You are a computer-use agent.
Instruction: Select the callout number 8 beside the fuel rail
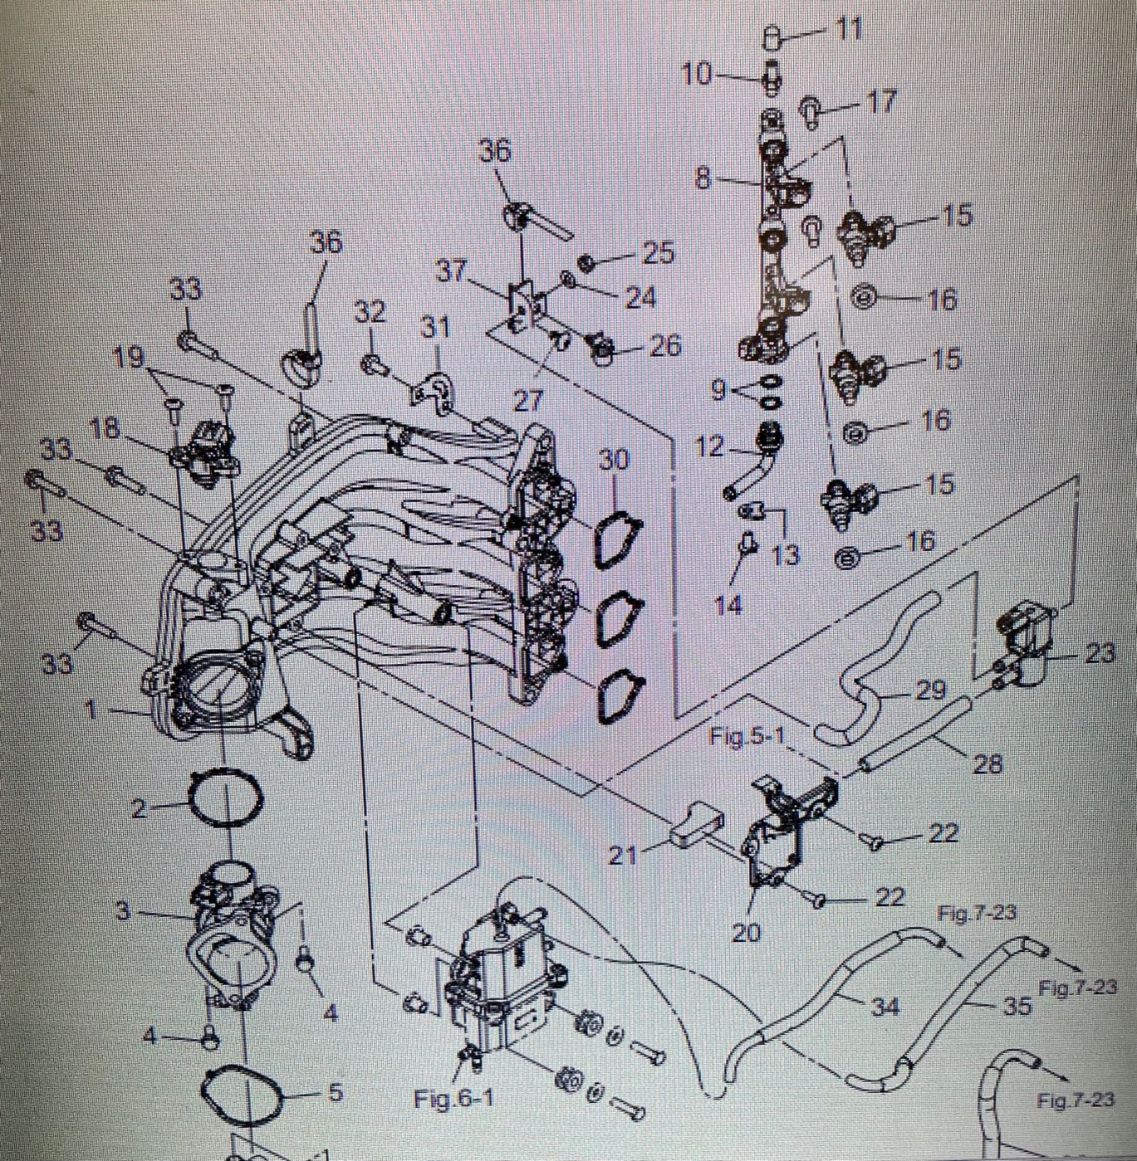[704, 178]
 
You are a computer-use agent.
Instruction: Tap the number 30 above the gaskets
[613, 460]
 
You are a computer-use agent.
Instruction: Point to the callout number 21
[624, 856]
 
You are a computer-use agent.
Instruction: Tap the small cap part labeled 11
[772, 38]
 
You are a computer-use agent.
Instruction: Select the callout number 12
[709, 446]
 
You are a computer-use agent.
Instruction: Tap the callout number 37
[451, 271]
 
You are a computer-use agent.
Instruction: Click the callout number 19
[129, 357]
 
